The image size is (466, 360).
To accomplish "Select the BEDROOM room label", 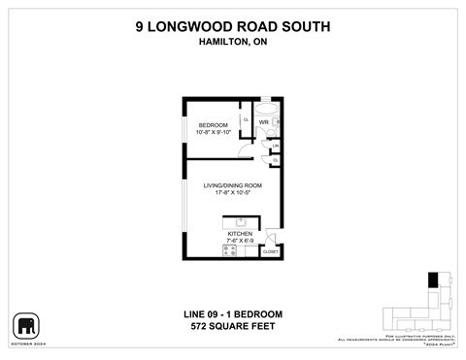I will coord(213,125).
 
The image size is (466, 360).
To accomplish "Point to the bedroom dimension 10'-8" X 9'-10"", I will coord(213,133).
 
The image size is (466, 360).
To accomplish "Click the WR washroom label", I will coord(262,122).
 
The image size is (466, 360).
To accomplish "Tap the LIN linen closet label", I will coord(276,146).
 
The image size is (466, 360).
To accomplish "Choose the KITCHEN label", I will coord(240,234).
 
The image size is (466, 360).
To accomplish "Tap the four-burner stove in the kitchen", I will coord(230,250).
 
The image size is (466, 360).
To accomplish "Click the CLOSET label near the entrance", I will coord(270,252).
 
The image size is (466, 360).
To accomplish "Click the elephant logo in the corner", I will coord(25,324).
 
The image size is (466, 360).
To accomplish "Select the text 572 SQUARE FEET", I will coord(233,326).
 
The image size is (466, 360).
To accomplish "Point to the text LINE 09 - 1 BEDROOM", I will coord(233,313).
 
